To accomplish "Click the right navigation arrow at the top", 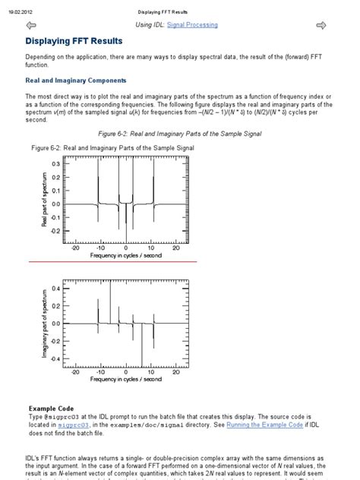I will pyautogui.click(x=321, y=26).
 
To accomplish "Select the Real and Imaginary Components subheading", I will pyautogui.click(x=76, y=80).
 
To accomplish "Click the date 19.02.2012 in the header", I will pyautogui.click(x=21, y=12).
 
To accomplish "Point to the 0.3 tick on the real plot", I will pyautogui.click(x=55, y=163).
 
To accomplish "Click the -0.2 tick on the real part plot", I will pyautogui.click(x=54, y=231).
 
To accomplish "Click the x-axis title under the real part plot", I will pyautogui.click(x=125, y=255).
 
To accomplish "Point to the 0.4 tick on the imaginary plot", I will pyautogui.click(x=55, y=289).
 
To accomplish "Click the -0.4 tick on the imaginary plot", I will pyautogui.click(x=54, y=358).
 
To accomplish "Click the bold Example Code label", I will pyautogui.click(x=51, y=409).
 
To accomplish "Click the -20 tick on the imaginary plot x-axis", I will pyautogui.click(x=75, y=371).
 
